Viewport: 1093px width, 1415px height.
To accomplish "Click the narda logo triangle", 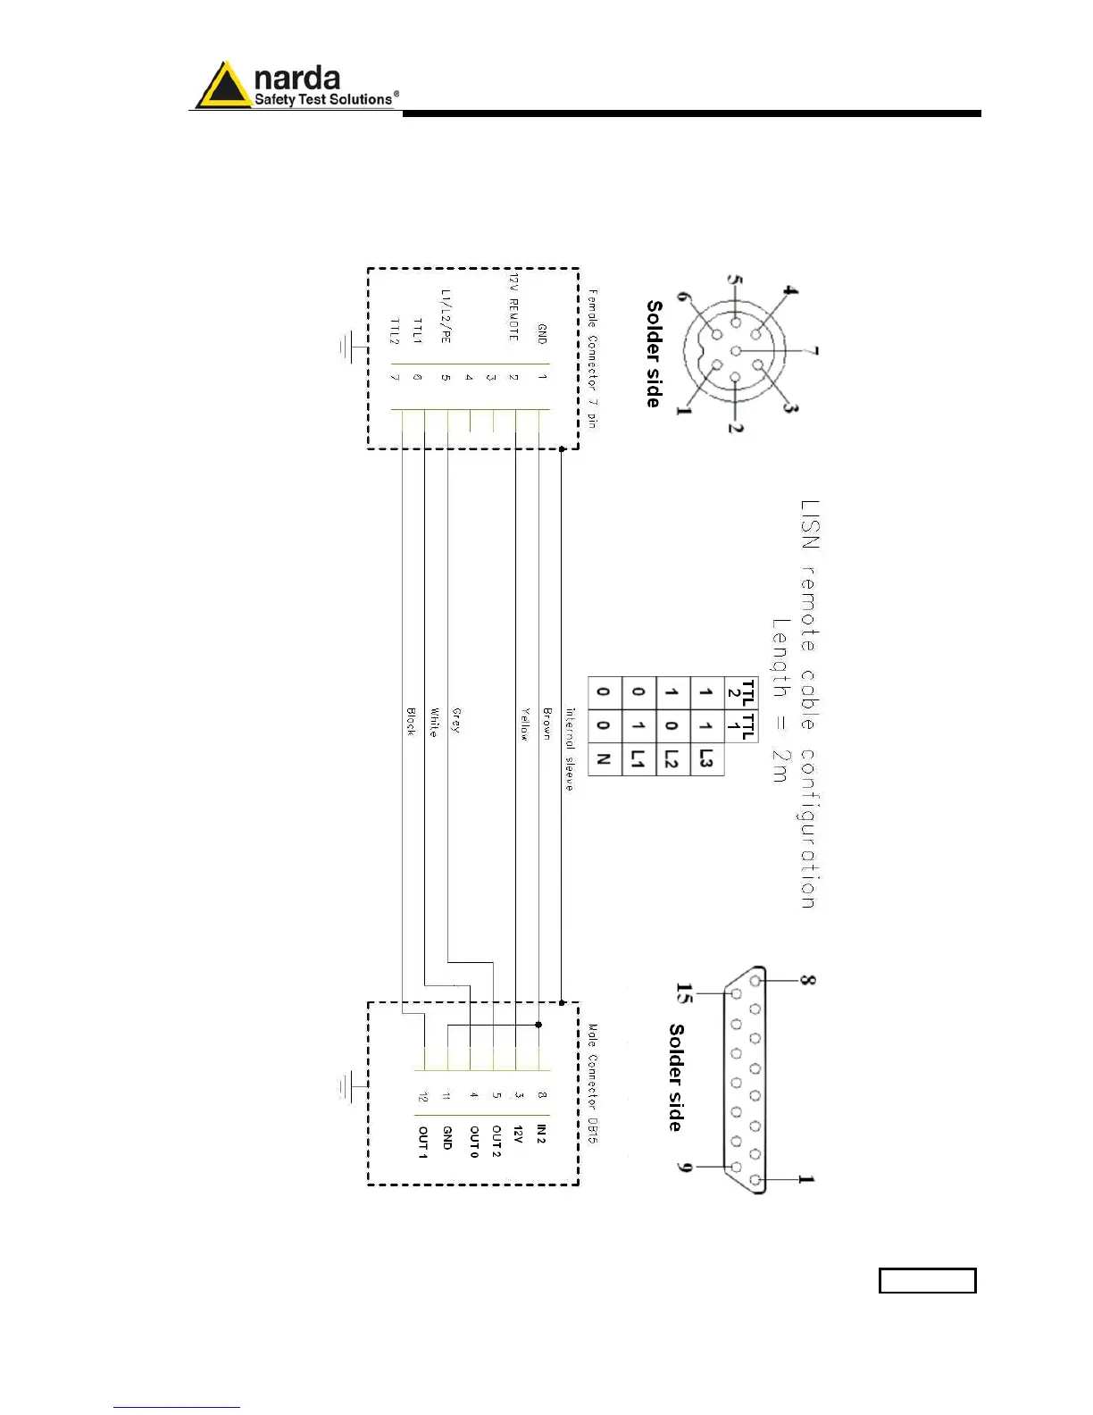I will pos(223,87).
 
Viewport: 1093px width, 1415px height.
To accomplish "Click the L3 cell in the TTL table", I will pos(706,759).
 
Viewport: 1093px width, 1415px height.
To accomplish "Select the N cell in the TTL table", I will pos(604,759).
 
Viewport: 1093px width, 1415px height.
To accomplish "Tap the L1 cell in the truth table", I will pos(638,759).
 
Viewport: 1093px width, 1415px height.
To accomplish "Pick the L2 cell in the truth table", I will pos(672,759).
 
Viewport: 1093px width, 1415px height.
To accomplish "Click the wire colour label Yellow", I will pos(525,724).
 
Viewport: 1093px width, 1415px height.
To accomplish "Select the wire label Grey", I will pos(456,721).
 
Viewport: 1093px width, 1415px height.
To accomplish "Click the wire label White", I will pos(433,722).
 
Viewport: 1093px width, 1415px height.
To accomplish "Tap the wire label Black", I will pos(411,722).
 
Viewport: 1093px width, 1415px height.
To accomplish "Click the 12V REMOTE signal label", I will pos(513,307).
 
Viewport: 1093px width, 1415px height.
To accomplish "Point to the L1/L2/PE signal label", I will pos(446,315).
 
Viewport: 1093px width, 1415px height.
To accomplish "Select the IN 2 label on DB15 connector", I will pos(541,1135).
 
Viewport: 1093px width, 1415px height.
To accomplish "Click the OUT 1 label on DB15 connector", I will pos(423,1143).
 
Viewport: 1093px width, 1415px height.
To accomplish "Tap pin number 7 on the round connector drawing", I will pos(813,351).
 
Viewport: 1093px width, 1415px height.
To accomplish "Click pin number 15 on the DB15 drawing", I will pos(684,993).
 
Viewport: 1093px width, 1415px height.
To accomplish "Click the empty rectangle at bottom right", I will pos(927,1280).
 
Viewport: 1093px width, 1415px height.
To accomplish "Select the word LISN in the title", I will pos(810,524).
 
